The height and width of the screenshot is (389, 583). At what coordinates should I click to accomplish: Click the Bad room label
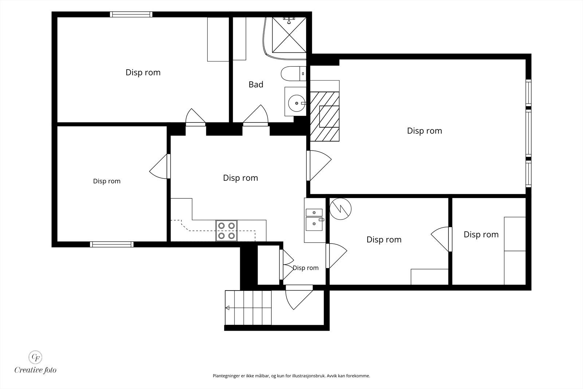(x=256, y=84)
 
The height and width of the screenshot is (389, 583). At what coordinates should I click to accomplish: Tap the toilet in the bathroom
(x=294, y=74)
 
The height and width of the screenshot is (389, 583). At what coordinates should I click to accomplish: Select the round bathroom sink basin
(x=297, y=104)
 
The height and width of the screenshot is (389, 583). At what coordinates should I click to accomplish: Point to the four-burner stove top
(x=226, y=231)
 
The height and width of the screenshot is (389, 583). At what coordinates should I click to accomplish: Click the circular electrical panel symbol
(x=340, y=209)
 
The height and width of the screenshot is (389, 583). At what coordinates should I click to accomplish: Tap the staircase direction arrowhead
(x=227, y=308)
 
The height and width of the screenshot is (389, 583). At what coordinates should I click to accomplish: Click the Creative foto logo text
(x=35, y=370)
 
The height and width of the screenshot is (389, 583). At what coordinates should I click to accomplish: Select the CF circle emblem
(x=35, y=357)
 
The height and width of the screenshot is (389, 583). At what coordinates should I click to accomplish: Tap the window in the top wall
(x=131, y=14)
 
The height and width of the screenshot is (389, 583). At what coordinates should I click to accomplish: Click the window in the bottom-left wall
(x=111, y=244)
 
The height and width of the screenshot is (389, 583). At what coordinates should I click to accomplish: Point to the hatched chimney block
(x=325, y=116)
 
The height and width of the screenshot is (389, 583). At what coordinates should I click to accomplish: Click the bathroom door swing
(x=255, y=115)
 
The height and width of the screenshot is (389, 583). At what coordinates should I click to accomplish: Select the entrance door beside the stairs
(x=299, y=297)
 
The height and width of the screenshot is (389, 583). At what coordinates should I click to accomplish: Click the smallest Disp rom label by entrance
(x=306, y=268)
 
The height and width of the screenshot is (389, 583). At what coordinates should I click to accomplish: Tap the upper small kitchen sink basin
(x=314, y=213)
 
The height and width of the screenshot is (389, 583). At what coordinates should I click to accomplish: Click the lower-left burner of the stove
(x=222, y=236)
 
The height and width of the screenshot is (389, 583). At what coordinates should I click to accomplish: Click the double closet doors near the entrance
(x=286, y=265)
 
